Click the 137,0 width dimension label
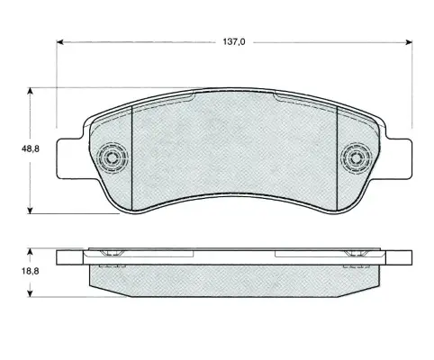tap(234, 42)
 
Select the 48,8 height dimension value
tap(30, 148)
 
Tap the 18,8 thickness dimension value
tap(30, 272)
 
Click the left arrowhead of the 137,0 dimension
tap(60, 42)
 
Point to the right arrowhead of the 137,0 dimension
tap(409, 42)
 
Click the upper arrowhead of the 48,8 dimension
tap(30, 91)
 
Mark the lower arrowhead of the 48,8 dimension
tap(30, 211)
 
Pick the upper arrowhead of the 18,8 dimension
tap(30, 251)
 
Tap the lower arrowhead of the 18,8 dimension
tap(30, 293)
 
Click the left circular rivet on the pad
tap(113, 157)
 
